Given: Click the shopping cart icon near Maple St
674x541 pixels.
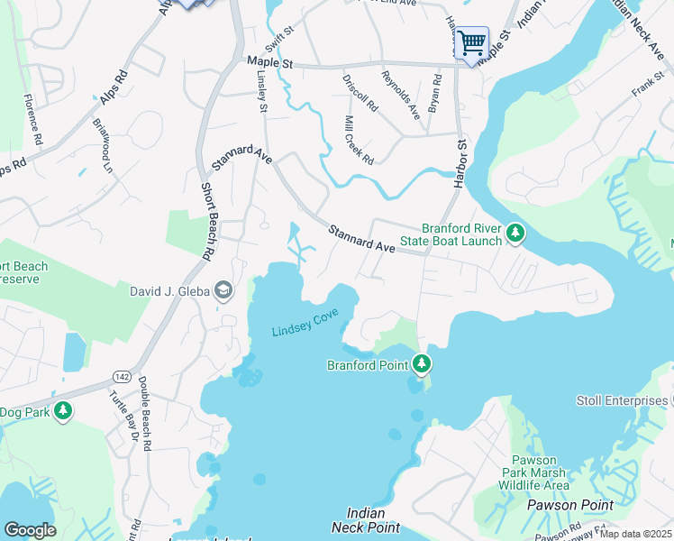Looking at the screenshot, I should click(x=471, y=42).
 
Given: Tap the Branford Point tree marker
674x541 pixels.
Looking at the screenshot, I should click(x=421, y=364).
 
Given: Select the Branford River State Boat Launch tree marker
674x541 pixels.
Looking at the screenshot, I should click(x=515, y=234).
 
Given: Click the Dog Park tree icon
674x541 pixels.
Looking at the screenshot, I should click(x=62, y=412).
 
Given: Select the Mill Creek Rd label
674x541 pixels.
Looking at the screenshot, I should click(x=359, y=140).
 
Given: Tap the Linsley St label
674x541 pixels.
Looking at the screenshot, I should click(x=263, y=93).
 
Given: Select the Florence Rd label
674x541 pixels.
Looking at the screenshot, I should click(x=32, y=121).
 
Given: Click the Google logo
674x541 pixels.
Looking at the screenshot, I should click(x=31, y=530).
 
